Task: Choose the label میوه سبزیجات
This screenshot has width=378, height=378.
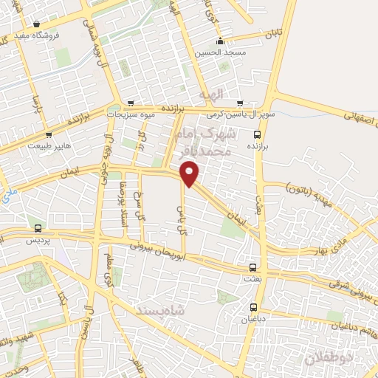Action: pyautogui.click(x=131, y=115)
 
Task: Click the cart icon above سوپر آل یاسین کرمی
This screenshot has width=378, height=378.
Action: pyautogui.click(x=240, y=103)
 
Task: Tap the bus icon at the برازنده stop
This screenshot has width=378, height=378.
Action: pyautogui.click(x=257, y=134)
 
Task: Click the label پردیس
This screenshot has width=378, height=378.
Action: pyautogui.click(x=37, y=241)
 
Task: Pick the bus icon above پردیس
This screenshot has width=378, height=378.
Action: pyautogui.click(x=38, y=228)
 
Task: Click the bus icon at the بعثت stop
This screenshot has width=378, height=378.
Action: pyautogui.click(x=253, y=267)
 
